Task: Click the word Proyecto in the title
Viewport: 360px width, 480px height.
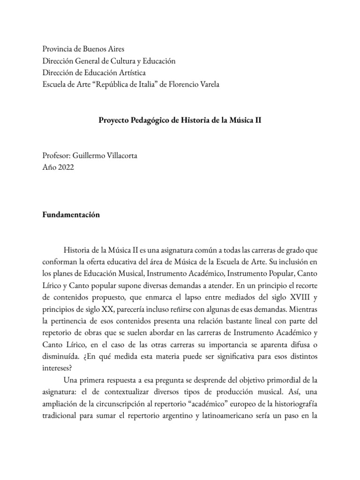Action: (x=112, y=120)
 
